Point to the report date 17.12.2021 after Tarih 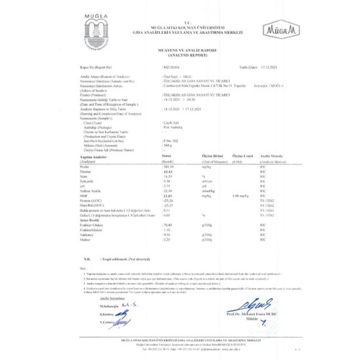tap(269, 67)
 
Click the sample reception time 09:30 tap(191, 100)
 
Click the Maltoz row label tap(85, 240)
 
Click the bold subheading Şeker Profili tap(87, 220)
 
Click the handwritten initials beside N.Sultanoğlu tap(130, 305)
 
